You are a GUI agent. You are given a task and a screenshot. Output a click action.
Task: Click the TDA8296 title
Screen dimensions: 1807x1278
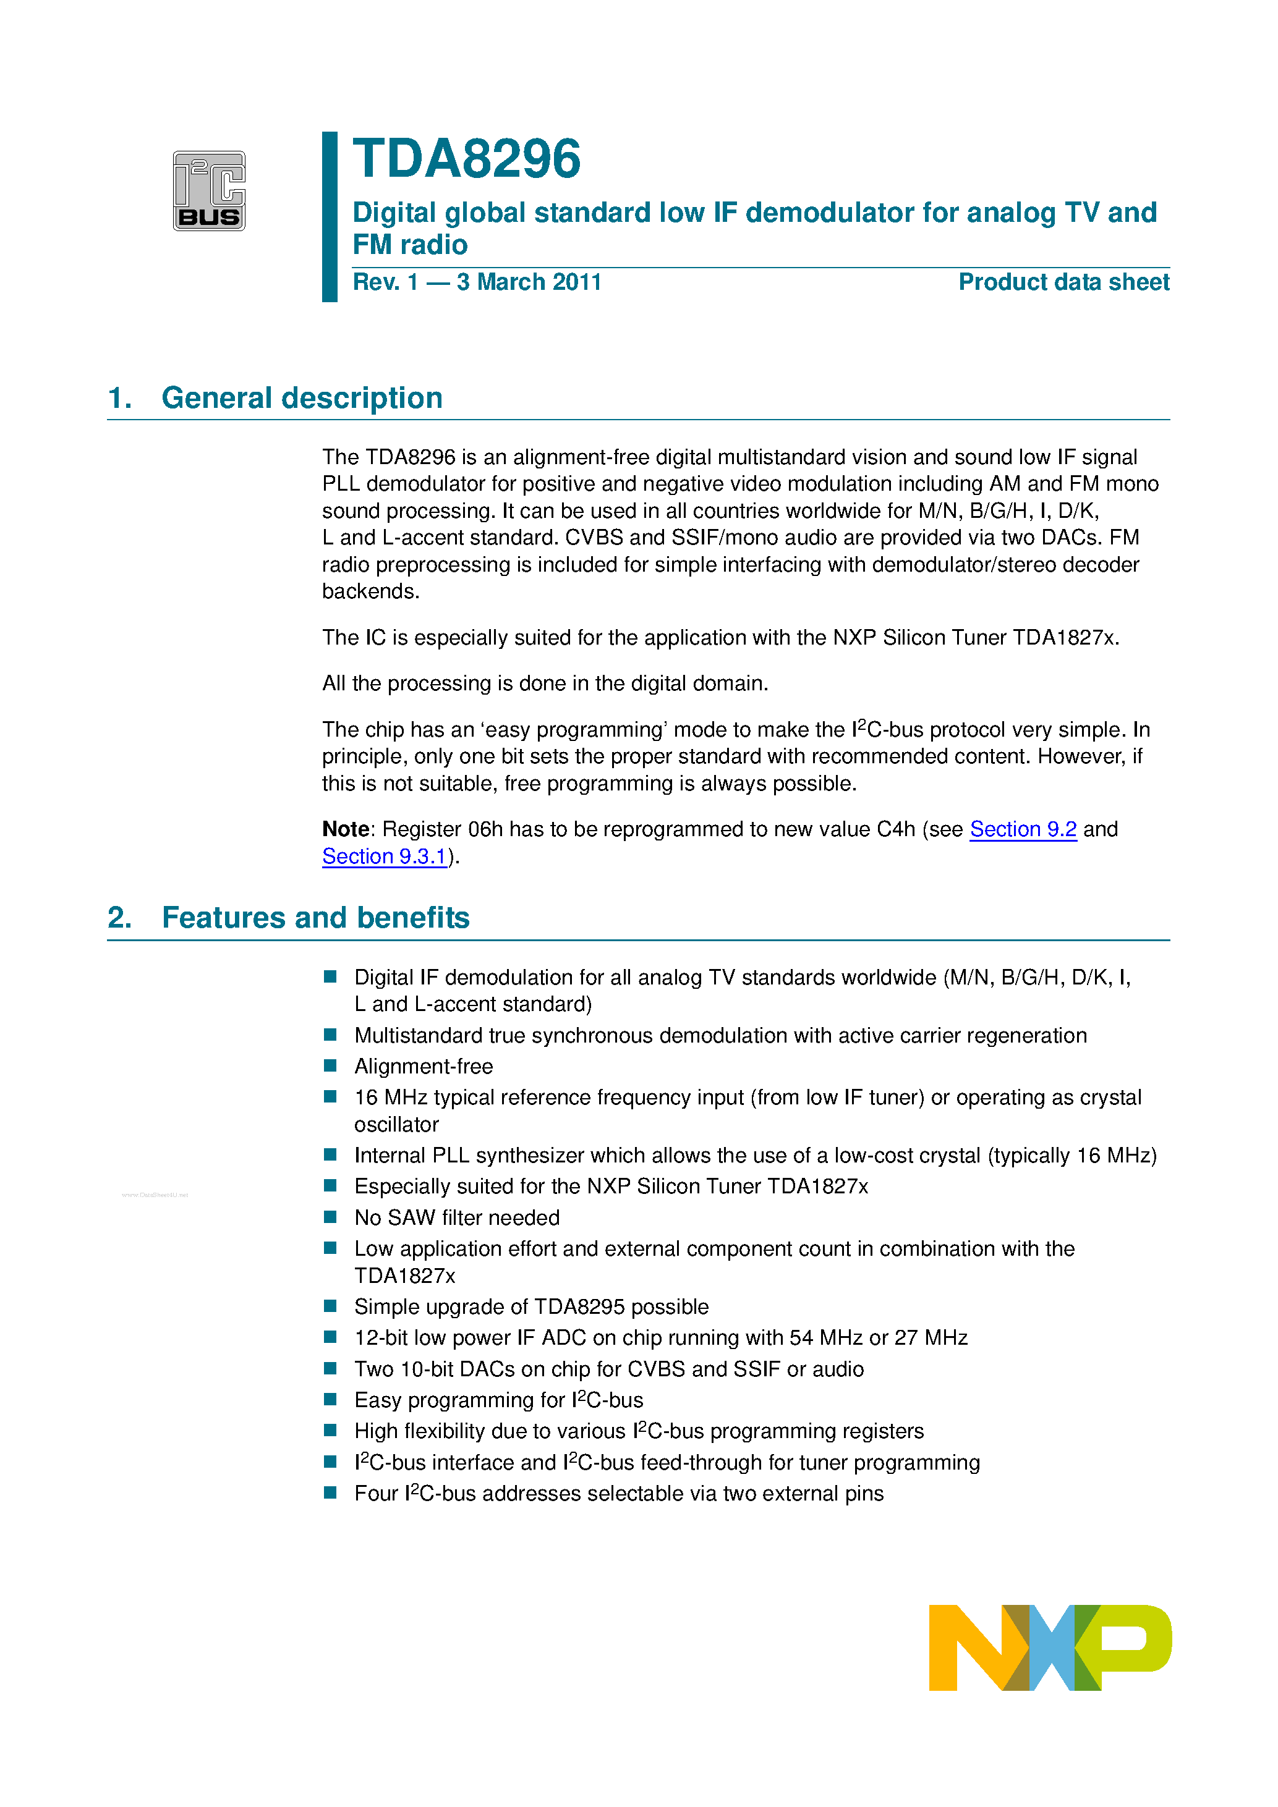click(466, 160)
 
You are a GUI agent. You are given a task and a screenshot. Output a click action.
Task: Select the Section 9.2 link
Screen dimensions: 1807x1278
click(1022, 829)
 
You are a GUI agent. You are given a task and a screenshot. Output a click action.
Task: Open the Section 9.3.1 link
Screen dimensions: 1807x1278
click(385, 857)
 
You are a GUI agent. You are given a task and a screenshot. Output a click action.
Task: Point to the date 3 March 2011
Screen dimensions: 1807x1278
click(529, 282)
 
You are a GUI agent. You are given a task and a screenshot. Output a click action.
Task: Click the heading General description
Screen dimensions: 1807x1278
click(302, 398)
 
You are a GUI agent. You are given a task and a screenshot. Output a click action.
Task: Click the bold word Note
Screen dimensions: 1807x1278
click(345, 829)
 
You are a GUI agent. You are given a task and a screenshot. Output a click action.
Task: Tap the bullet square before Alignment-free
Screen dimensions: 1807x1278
click(331, 1065)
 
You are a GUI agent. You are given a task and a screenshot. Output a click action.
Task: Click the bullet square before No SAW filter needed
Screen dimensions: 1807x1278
click(331, 1217)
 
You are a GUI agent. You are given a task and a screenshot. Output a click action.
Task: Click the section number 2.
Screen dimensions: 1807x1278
click(119, 918)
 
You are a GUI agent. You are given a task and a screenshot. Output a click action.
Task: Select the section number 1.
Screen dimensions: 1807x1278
click(119, 398)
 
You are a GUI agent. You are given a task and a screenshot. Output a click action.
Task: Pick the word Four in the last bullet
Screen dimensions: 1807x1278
click(375, 1494)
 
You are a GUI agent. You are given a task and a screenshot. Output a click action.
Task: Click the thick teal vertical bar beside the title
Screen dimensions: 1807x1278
click(329, 216)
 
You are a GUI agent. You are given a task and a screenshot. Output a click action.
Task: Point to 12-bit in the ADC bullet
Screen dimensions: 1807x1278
click(381, 1338)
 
